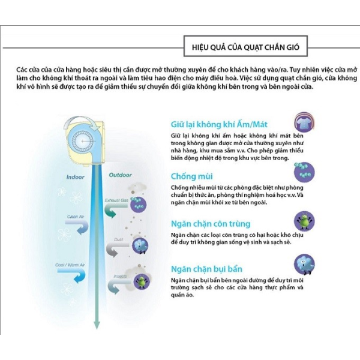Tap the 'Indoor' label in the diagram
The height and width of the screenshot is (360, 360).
point(75,178)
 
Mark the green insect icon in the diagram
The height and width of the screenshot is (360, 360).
point(142,280)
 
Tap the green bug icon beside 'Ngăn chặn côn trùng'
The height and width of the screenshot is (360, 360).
point(305,220)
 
